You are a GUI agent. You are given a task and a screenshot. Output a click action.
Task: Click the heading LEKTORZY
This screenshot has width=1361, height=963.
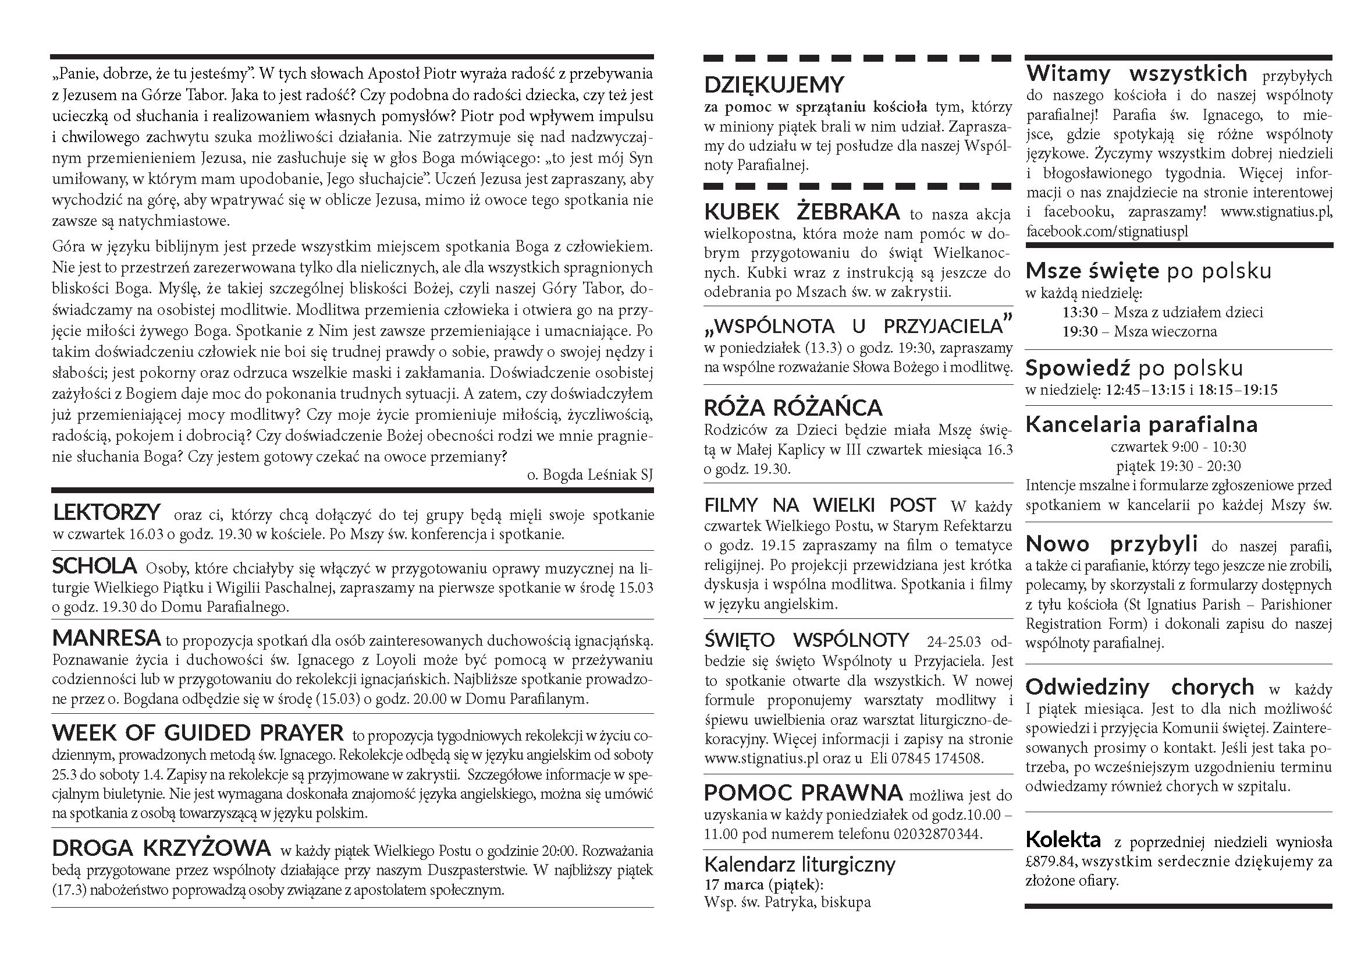[x=106, y=512]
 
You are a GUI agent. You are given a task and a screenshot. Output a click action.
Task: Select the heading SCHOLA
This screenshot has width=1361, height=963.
[x=94, y=567]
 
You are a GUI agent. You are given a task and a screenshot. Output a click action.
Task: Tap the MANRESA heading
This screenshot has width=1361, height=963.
[x=106, y=638]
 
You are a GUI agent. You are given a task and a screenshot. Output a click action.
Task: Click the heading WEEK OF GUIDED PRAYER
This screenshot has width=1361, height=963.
[x=197, y=733]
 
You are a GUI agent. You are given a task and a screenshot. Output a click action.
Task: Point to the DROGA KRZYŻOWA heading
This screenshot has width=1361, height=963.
[x=161, y=848]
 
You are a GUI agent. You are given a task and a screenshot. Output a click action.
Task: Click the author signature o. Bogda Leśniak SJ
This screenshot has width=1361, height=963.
[x=589, y=475]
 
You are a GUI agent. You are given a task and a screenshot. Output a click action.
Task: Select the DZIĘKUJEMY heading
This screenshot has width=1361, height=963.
[x=773, y=85]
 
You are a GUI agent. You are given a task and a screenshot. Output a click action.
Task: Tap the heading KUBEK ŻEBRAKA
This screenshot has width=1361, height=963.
[x=801, y=212]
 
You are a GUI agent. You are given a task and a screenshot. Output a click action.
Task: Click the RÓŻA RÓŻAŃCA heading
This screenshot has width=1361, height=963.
[x=793, y=408]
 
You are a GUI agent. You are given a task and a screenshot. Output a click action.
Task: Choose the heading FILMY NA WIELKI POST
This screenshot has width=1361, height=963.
[x=820, y=505]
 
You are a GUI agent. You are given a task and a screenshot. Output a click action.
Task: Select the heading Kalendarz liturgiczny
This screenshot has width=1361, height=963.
[x=799, y=864]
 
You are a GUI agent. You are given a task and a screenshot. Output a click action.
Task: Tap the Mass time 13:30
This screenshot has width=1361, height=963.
[x=1080, y=312]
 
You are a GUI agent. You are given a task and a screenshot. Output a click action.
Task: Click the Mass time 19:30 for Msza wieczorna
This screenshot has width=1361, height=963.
[x=1080, y=331]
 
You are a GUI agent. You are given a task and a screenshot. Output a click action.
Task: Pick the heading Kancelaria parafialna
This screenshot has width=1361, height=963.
[x=1141, y=424]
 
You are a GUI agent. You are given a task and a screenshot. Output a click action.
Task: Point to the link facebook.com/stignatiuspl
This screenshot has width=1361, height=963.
[x=1107, y=231]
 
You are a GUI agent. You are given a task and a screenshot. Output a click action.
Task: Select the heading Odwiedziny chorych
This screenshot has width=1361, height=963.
[x=1139, y=686]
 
